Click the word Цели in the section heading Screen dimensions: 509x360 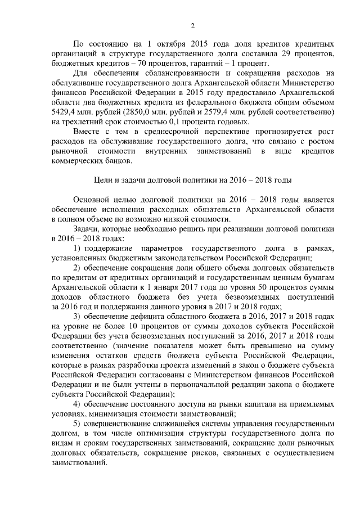point(102,181)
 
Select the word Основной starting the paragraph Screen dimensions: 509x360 point(92,200)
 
